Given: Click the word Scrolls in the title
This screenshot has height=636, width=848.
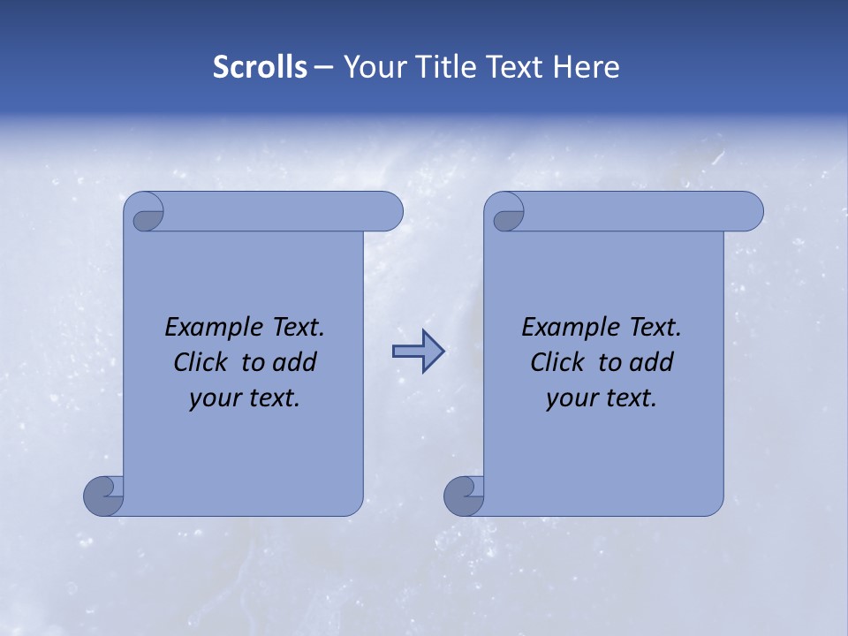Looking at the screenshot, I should pos(260,67).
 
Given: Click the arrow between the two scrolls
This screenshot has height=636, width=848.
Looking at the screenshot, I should pos(418,352).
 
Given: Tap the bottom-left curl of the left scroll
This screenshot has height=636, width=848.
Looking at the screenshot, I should pos(102,495).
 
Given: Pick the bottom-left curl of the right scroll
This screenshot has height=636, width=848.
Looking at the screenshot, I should pos(463,495).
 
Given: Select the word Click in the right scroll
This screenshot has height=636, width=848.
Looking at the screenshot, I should pos(558,362).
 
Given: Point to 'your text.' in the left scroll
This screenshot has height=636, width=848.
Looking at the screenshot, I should pos(245,397).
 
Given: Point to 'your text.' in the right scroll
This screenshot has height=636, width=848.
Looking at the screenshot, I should pos(602,397).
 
